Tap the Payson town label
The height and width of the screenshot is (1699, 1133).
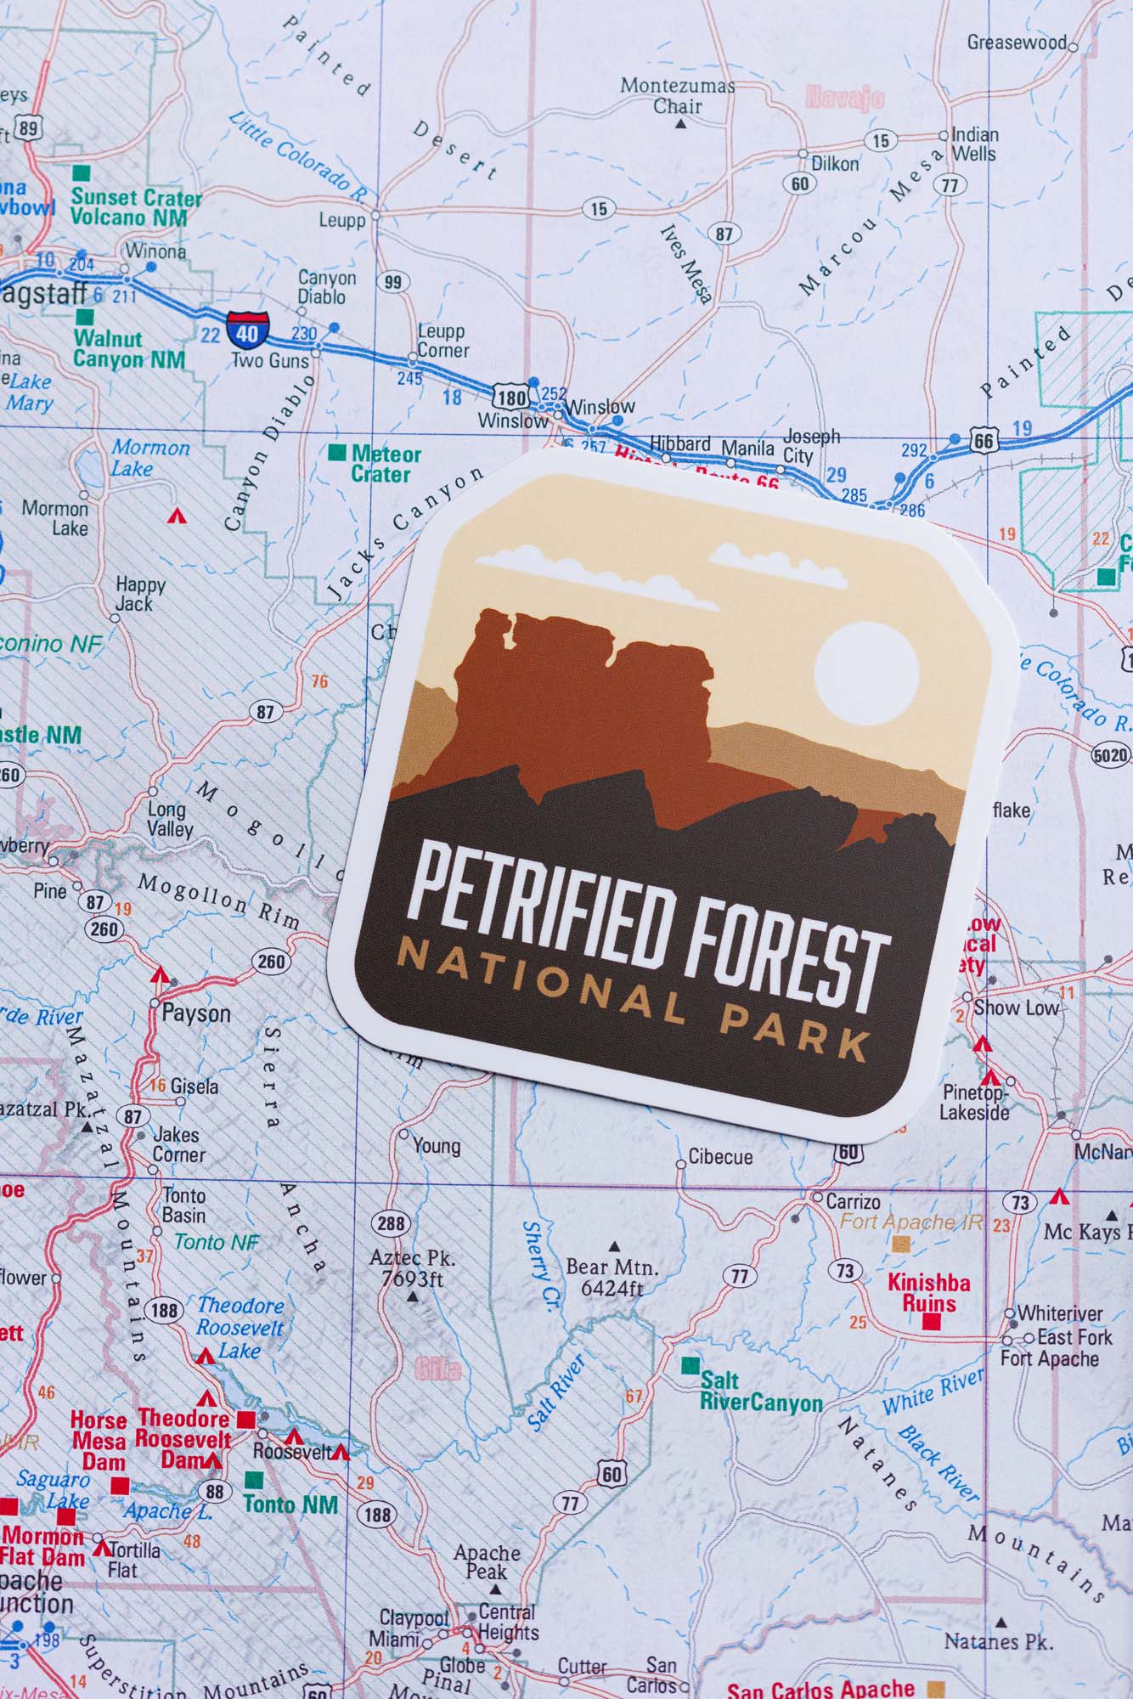pyautogui.click(x=195, y=1013)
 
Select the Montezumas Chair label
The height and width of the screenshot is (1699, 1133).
pyautogui.click(x=677, y=95)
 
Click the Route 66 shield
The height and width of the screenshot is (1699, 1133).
pyautogui.click(x=983, y=439)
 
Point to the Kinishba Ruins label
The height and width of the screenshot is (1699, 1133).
pyautogui.click(x=928, y=1293)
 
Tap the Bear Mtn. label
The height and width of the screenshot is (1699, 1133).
pyautogui.click(x=612, y=1277)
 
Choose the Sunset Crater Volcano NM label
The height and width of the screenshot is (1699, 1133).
pyautogui.click(x=136, y=206)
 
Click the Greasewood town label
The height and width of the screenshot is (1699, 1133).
pyautogui.click(x=1016, y=42)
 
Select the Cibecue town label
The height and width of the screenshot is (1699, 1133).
pyautogui.click(x=720, y=1157)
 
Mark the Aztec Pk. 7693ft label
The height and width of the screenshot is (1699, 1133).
pyautogui.click(x=413, y=1267)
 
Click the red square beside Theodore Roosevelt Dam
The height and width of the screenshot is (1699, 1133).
pyautogui.click(x=246, y=1420)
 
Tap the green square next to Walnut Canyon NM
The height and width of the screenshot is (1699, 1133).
pyautogui.click(x=85, y=317)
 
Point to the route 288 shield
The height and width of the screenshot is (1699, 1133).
pyautogui.click(x=391, y=1223)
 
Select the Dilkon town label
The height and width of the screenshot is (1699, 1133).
pyautogui.click(x=834, y=163)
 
